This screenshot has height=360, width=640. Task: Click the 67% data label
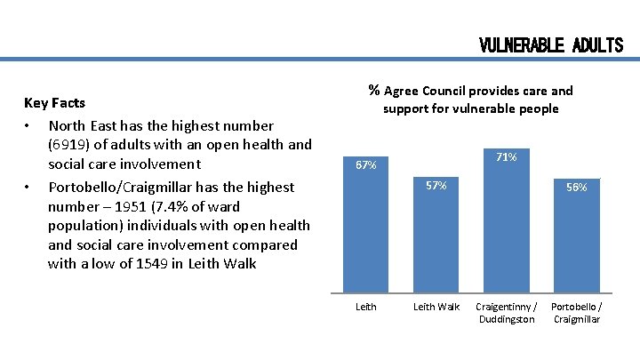coord(365,164)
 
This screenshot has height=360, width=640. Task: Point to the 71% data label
coord(507,157)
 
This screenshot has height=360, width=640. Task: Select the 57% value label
coord(436,186)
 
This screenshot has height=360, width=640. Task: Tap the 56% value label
coord(576,187)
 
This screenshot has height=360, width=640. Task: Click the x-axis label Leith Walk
coord(436,307)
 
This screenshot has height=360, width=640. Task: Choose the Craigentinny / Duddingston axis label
coord(506,313)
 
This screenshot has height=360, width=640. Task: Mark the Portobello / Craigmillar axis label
coord(576,313)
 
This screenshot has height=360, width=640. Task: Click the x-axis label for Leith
coord(365,307)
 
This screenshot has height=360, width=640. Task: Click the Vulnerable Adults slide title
coord(551,44)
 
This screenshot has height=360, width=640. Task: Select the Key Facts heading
coord(54,103)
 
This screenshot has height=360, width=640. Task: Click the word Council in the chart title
coord(448,91)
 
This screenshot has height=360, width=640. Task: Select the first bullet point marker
coord(29,125)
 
